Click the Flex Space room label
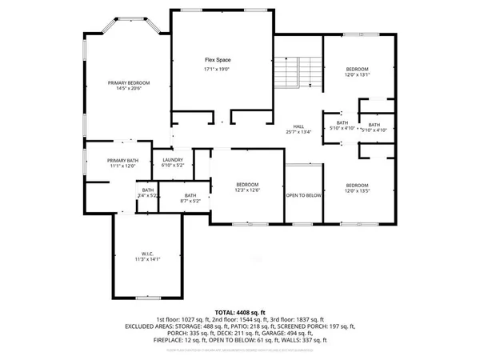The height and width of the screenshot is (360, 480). (x=212, y=60)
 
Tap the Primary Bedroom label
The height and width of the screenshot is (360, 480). (x=129, y=83)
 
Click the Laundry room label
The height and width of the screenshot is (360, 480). (x=173, y=159)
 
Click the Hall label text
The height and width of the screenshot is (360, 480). (x=298, y=126)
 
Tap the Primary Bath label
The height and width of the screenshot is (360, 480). (x=123, y=160)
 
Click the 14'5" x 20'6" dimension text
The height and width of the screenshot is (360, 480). (x=129, y=90)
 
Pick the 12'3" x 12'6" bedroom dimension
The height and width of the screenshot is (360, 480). (x=246, y=190)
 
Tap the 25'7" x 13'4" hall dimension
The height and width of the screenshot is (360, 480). (x=298, y=132)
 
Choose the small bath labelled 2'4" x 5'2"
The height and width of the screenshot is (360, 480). (x=148, y=193)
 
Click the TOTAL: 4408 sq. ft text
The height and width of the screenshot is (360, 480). (x=240, y=311)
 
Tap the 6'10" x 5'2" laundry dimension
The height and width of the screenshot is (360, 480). (x=173, y=166)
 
